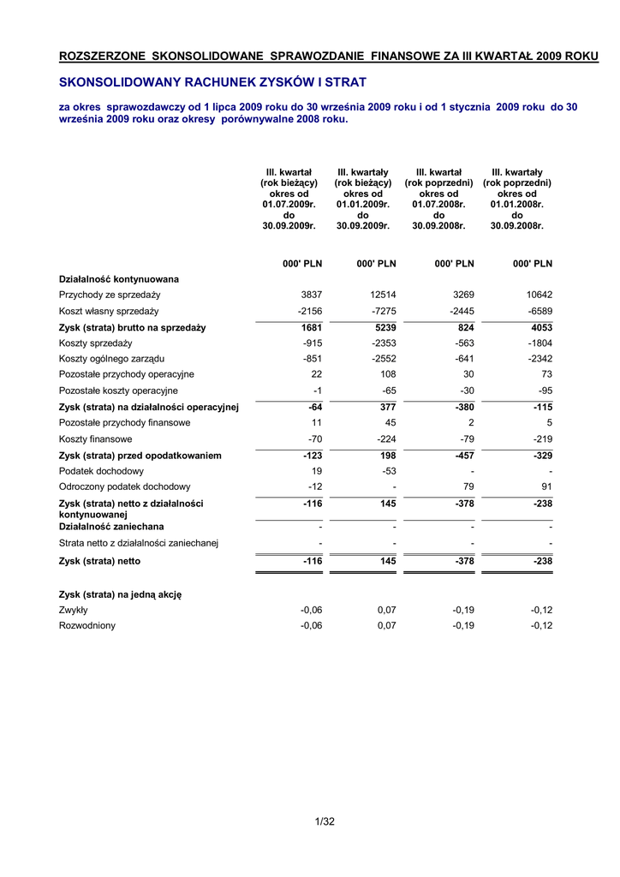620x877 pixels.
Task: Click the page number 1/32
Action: click(325, 822)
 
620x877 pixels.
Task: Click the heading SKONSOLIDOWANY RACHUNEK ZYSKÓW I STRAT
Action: click(212, 82)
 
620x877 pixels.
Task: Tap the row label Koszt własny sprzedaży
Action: click(109, 311)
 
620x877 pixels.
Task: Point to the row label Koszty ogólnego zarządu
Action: click(111, 358)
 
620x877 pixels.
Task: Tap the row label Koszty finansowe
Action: click(95, 438)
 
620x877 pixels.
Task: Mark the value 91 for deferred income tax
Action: click(545, 486)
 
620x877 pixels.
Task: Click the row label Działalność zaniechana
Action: click(111, 527)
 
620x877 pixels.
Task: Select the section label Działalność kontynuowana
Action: click(119, 279)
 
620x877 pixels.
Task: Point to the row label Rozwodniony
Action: click(86, 625)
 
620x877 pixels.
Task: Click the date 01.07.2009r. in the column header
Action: click(289, 205)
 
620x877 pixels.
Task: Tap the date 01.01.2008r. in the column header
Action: click(516, 205)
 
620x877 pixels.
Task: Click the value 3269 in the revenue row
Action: click(461, 295)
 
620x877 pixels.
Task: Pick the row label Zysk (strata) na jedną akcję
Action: click(120, 594)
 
